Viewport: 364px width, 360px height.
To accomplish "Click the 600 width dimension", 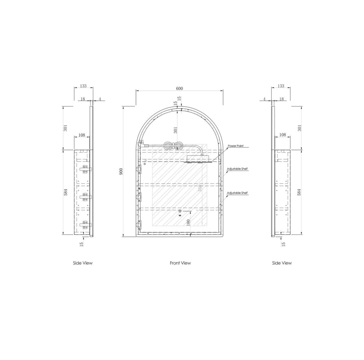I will pos(179,88).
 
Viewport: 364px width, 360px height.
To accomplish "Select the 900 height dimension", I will pos(121,171).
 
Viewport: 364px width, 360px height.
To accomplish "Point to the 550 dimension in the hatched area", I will pos(200,188).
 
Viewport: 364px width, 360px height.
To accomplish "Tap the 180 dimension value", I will pos(188,223).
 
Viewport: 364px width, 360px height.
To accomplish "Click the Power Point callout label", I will pos(235,146).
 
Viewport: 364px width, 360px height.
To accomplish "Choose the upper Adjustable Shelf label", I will pos(237,169).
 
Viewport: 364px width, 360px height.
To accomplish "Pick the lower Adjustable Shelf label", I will pos(237,193).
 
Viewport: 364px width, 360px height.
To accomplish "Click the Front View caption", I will pos(180,263).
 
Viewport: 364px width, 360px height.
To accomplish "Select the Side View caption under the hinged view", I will pos(83,263).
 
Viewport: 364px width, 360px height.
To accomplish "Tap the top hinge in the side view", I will pos(85,169).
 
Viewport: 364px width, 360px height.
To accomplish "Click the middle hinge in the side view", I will pos(85,197).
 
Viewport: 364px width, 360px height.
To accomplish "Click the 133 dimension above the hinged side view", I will pos(83,86).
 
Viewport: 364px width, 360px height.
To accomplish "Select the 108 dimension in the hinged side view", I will pos(81,135).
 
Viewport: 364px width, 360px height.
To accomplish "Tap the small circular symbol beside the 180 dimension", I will pos(180,211).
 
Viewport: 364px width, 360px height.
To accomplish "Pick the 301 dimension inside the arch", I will pos(176,130).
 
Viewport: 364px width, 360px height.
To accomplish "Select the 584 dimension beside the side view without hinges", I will pos(299,192).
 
